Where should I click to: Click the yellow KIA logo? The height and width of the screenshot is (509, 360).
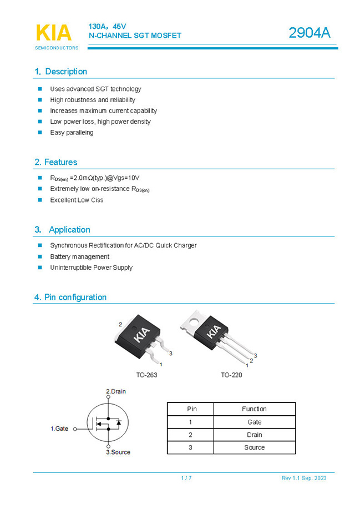click(x=53, y=33)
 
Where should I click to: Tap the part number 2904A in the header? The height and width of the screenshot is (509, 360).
click(x=309, y=33)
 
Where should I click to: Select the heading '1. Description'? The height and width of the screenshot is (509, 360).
click(x=61, y=72)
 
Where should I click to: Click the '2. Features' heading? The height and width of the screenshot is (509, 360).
click(x=55, y=162)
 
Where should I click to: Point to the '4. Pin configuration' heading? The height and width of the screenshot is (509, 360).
click(x=70, y=298)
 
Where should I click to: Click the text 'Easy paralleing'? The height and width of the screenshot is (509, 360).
click(x=72, y=133)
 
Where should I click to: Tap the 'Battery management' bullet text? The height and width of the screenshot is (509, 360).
click(x=79, y=256)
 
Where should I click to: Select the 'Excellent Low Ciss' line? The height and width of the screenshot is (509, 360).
click(x=77, y=200)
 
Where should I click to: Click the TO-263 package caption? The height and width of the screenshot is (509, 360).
click(x=146, y=375)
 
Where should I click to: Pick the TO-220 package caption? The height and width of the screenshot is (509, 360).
click(x=231, y=375)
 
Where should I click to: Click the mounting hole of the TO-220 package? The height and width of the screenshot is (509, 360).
click(x=194, y=320)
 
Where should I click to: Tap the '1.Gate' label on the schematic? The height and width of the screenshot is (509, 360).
click(x=59, y=429)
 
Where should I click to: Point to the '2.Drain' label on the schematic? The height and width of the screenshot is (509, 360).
click(x=116, y=391)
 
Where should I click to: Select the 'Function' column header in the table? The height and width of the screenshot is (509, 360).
click(x=254, y=409)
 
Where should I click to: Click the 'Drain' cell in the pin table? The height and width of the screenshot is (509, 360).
click(x=254, y=435)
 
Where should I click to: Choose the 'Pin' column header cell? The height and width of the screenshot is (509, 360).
click(x=191, y=409)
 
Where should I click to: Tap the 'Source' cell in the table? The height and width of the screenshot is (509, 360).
click(x=254, y=447)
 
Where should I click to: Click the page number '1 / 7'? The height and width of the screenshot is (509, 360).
click(x=186, y=478)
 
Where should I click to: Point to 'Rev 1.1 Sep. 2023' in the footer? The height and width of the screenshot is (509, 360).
click(x=303, y=478)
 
